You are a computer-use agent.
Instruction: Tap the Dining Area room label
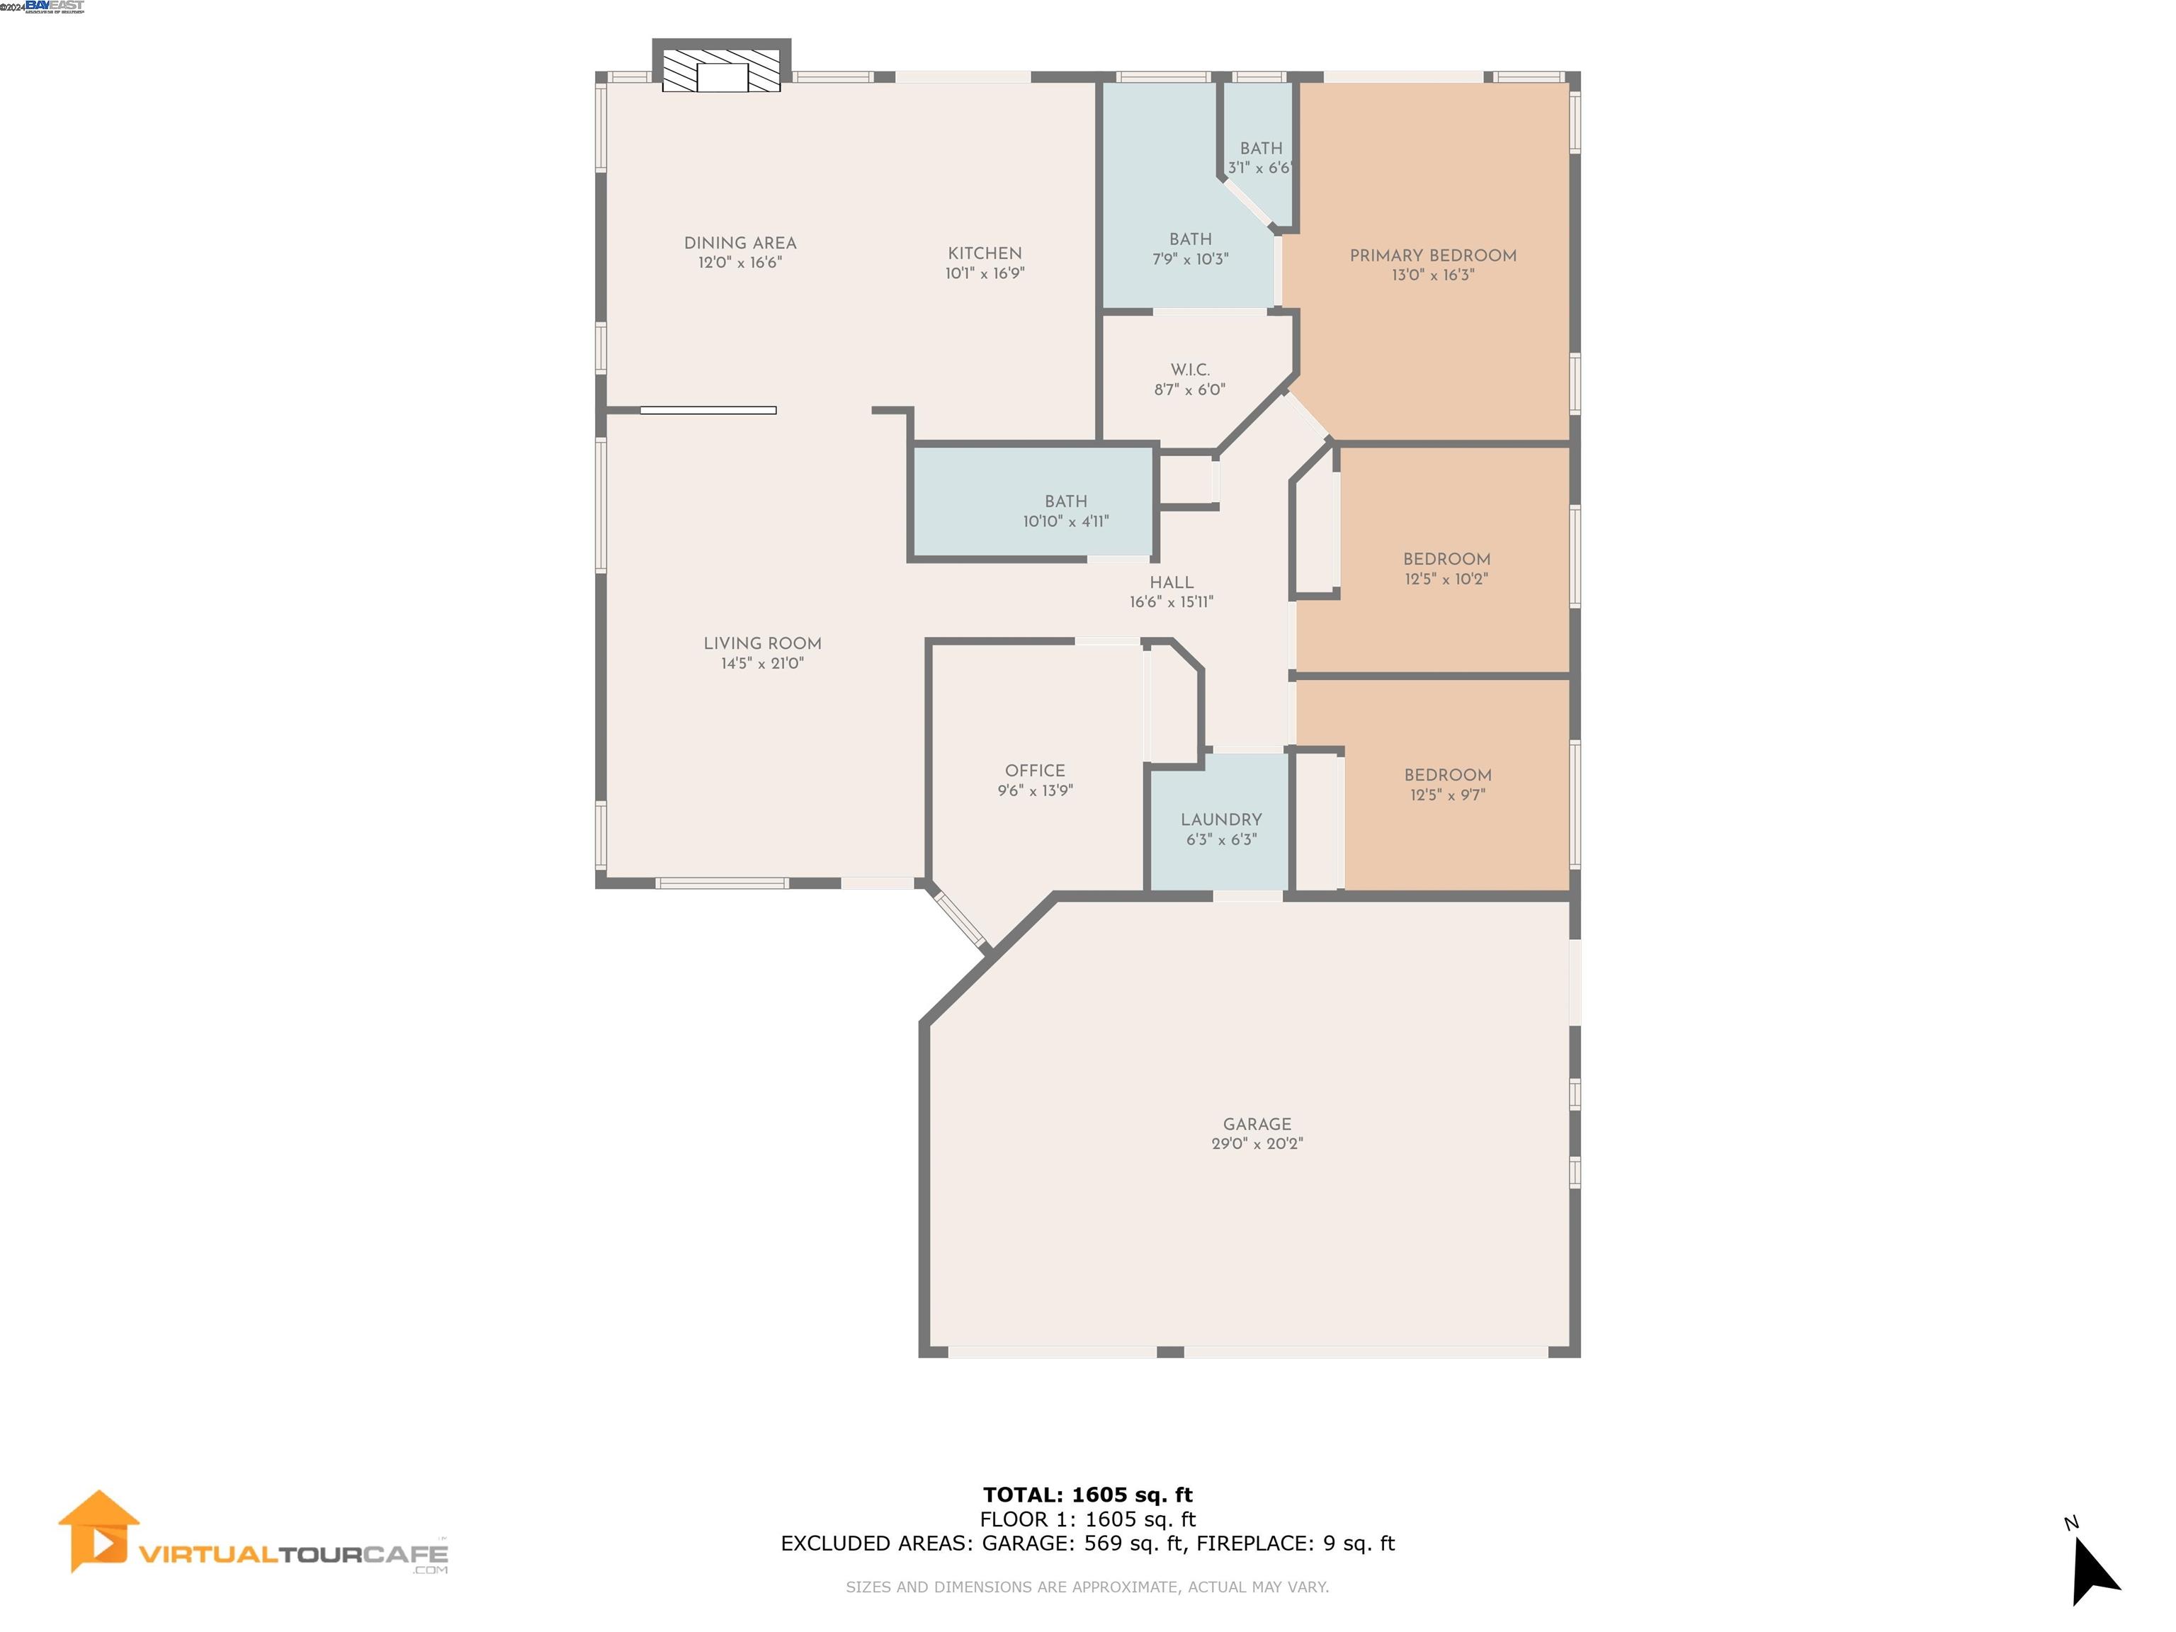(x=739, y=243)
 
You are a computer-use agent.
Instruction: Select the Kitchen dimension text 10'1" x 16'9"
(x=985, y=273)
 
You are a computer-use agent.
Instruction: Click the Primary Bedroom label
(x=1432, y=256)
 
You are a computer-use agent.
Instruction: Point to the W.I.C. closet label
(x=1189, y=370)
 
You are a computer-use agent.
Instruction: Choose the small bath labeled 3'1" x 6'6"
(x=1260, y=157)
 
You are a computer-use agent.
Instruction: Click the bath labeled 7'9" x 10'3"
(x=1190, y=249)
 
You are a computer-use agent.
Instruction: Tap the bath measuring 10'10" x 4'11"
(x=1065, y=511)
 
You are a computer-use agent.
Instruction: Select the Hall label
(x=1171, y=582)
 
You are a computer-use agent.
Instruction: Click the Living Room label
(x=761, y=643)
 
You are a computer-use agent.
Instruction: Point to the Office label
(x=1035, y=770)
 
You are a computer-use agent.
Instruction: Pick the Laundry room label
(x=1220, y=820)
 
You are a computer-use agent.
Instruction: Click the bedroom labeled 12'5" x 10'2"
(x=1446, y=569)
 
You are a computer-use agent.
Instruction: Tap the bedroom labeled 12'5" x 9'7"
(x=1447, y=784)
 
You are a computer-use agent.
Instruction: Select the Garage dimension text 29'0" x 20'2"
(x=1256, y=1144)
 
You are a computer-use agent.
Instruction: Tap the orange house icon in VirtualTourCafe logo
(x=98, y=1531)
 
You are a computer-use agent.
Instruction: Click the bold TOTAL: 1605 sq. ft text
(x=1087, y=1495)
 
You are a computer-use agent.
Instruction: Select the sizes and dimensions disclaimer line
(x=1087, y=1587)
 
